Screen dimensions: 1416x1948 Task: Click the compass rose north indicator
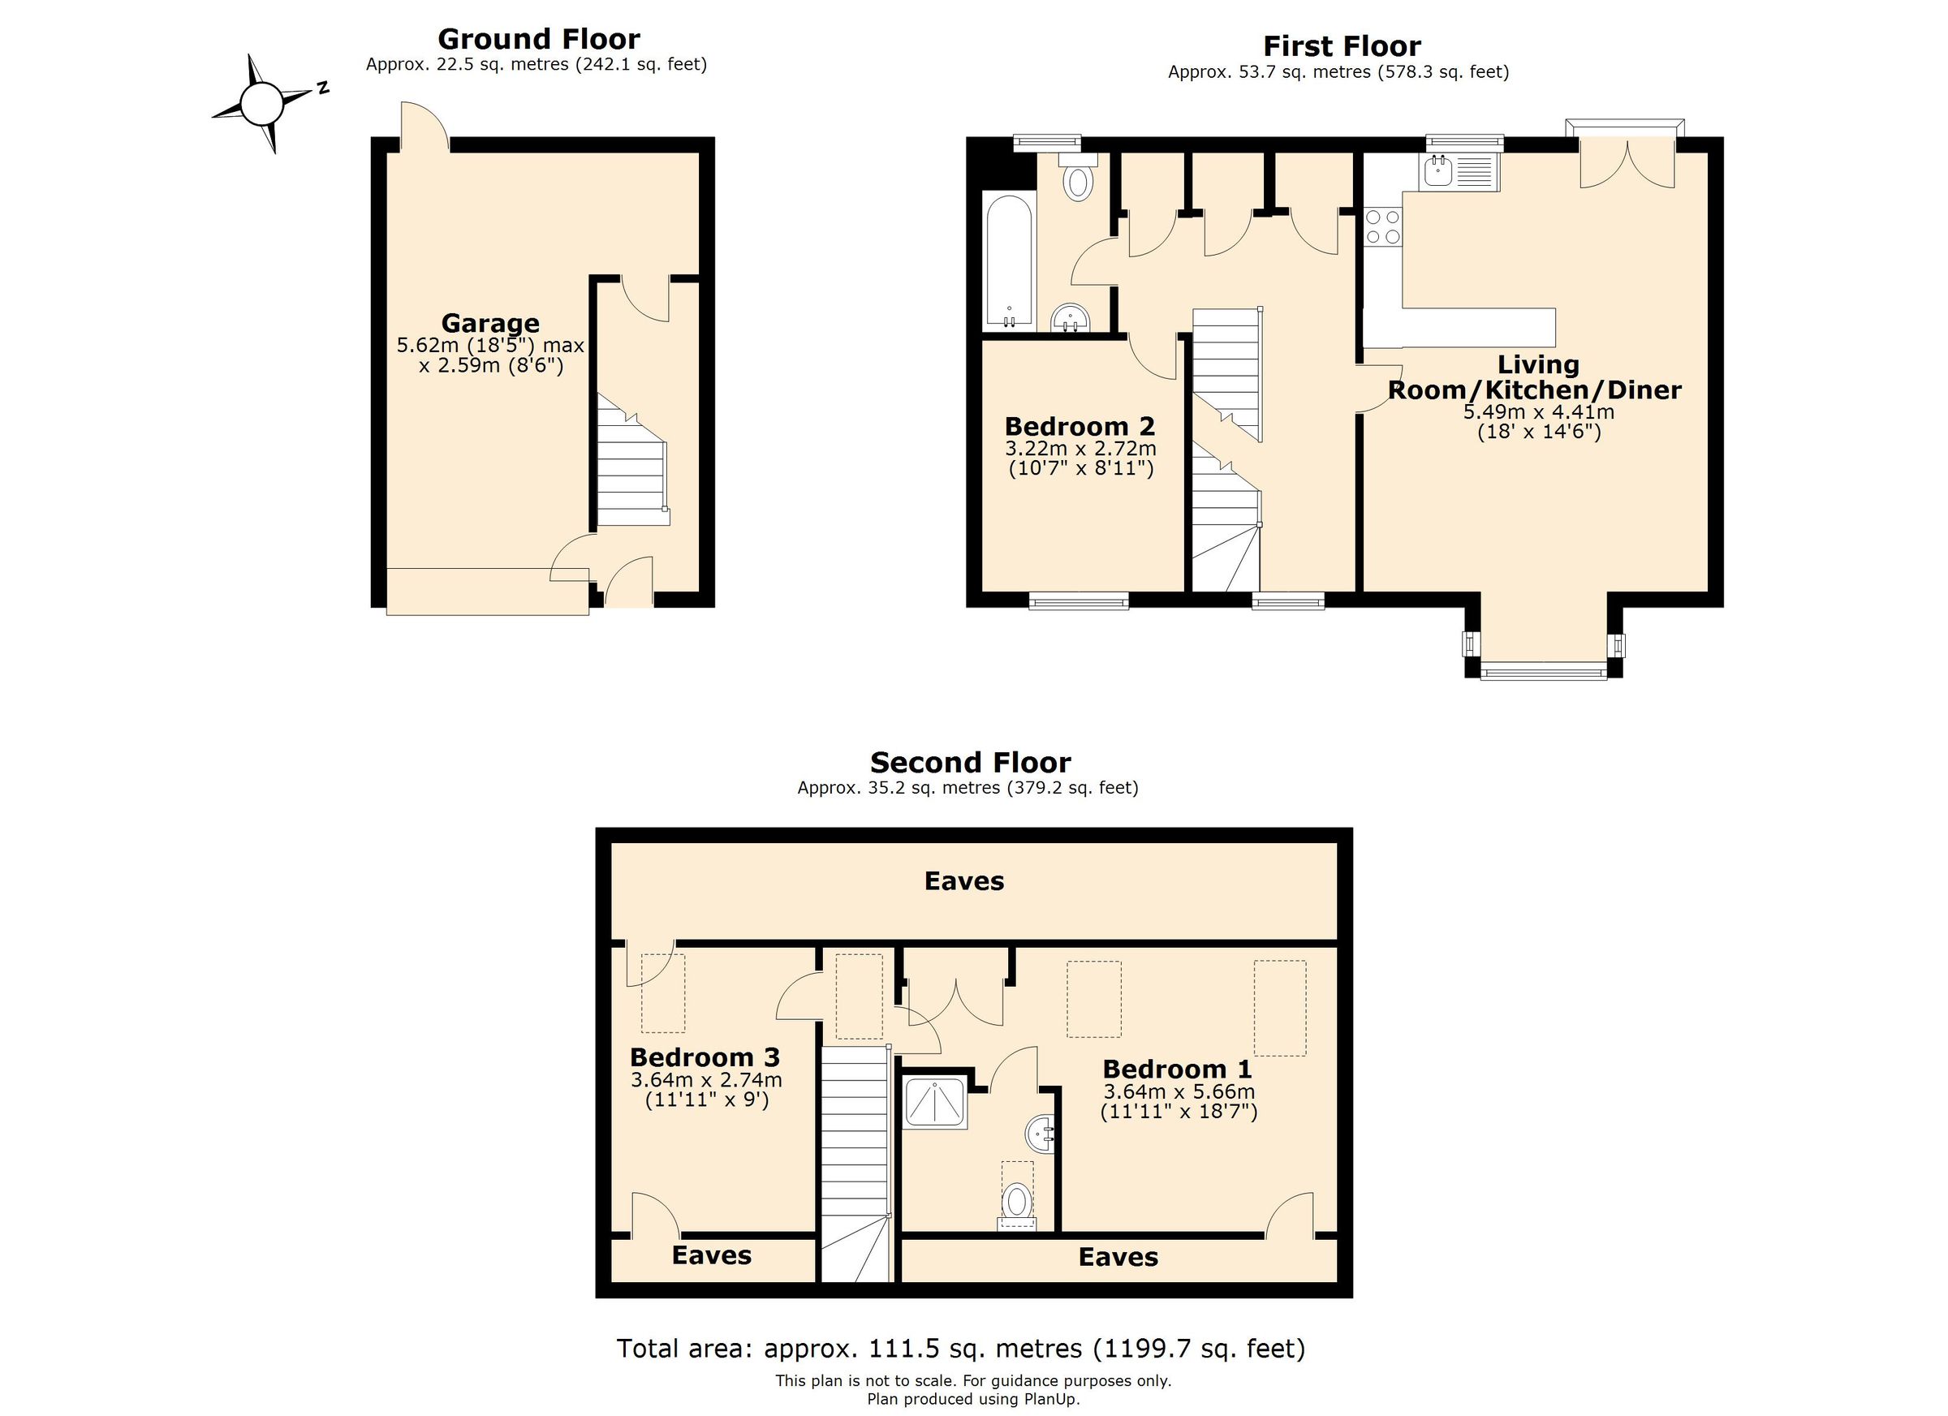[321, 88]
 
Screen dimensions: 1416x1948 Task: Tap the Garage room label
[490, 324]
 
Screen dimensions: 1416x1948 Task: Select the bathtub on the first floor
[1009, 260]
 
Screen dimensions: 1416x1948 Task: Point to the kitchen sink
[1459, 172]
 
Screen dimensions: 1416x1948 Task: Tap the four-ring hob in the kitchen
[1383, 227]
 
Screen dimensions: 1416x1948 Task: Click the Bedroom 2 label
[1080, 427]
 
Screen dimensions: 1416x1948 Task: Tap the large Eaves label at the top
[963, 881]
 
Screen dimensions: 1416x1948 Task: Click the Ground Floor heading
[538, 40]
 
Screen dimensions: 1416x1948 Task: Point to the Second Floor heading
[970, 763]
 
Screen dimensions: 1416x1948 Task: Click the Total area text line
[960, 1348]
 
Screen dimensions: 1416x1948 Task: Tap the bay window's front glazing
[1544, 670]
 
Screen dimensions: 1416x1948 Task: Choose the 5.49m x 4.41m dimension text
[1538, 412]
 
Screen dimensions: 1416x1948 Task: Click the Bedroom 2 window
[1078, 603]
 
